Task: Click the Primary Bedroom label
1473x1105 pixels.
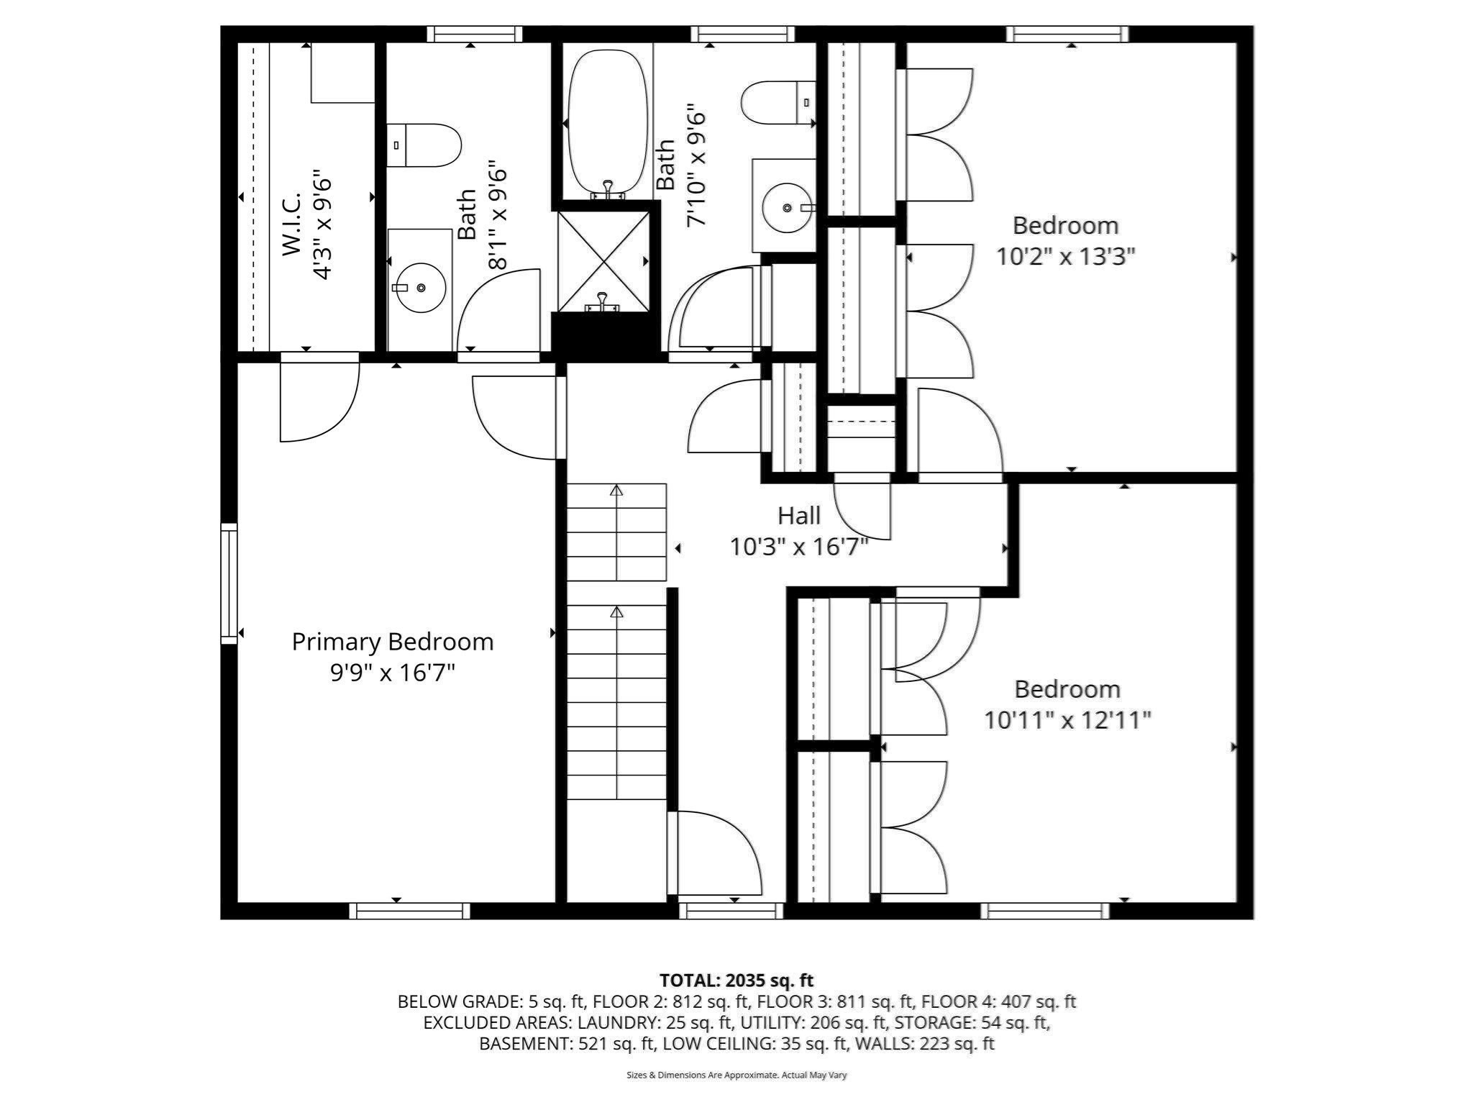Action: point(393,642)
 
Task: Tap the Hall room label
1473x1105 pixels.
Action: point(798,516)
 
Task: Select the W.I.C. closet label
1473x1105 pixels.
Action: point(291,224)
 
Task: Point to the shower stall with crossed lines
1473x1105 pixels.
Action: point(603,260)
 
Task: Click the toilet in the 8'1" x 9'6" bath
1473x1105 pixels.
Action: point(424,145)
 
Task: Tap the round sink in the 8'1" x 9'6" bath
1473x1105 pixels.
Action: point(420,288)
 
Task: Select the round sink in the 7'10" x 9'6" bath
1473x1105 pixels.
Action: point(786,207)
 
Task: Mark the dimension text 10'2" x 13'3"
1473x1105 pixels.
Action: point(1065,257)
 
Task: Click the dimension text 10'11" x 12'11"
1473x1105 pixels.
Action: point(1067,720)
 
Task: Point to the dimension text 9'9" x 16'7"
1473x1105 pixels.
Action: point(393,673)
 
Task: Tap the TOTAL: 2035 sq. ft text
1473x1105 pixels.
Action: point(736,981)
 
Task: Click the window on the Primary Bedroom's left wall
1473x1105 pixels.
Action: point(229,583)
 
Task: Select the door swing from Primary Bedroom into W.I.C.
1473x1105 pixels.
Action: point(319,399)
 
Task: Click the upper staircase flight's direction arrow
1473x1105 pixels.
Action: point(616,491)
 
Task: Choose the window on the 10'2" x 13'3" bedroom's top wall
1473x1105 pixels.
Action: point(1067,34)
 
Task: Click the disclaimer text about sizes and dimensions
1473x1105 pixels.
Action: point(736,1076)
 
